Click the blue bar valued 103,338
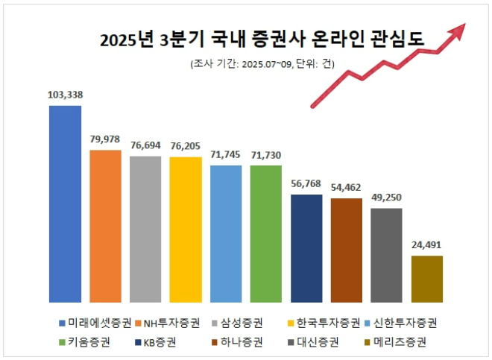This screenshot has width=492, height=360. (x=65, y=203)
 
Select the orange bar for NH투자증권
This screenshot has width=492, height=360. (x=105, y=226)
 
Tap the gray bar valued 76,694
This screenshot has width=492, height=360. (x=145, y=229)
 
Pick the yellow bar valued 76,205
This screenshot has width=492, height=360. (x=186, y=230)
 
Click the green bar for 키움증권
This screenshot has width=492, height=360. (x=266, y=233)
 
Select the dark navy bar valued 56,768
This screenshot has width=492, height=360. (x=306, y=247)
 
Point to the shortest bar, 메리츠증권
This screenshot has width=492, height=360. (x=427, y=279)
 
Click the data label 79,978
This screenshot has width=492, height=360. (x=105, y=139)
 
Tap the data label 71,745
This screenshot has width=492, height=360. (x=226, y=155)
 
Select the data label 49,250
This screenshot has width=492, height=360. (x=387, y=198)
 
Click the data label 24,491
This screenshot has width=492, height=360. (x=427, y=245)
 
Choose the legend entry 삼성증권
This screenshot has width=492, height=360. (x=237, y=323)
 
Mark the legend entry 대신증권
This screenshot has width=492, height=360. (x=313, y=342)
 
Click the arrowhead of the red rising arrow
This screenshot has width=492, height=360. (x=458, y=29)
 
